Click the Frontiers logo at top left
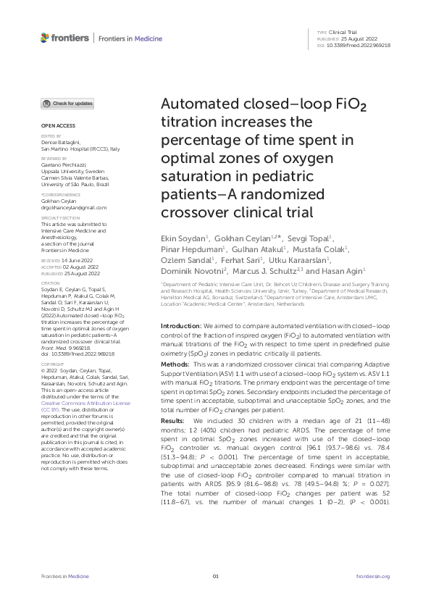65,37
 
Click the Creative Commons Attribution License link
86,401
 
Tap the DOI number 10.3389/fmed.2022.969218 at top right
359,45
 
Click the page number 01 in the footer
215,576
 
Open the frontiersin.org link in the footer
374,576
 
